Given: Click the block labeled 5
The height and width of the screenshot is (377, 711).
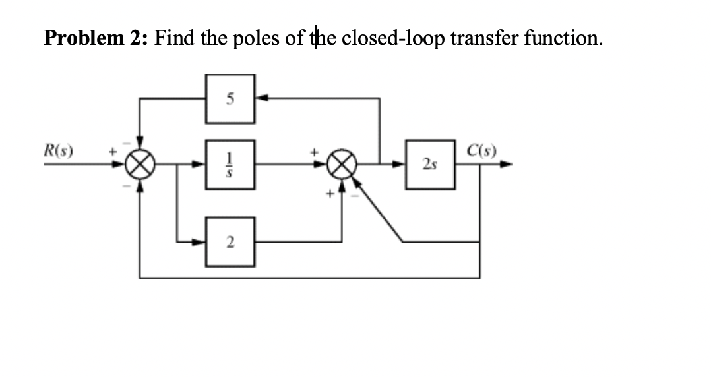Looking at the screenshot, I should tap(230, 100).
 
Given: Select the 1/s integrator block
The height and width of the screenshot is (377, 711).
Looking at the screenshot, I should tap(230, 165).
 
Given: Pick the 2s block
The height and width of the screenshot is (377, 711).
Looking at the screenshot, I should tap(430, 165).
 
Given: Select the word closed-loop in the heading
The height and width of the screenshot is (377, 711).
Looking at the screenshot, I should tap(394, 38).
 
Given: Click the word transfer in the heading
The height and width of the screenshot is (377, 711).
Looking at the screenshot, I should tap(487, 38).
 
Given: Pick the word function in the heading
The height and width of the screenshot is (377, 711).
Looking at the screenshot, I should tap(564, 38).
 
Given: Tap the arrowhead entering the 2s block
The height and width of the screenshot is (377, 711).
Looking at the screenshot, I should tap(401, 165).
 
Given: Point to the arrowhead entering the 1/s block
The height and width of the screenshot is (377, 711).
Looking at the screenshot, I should tap(201, 165).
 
